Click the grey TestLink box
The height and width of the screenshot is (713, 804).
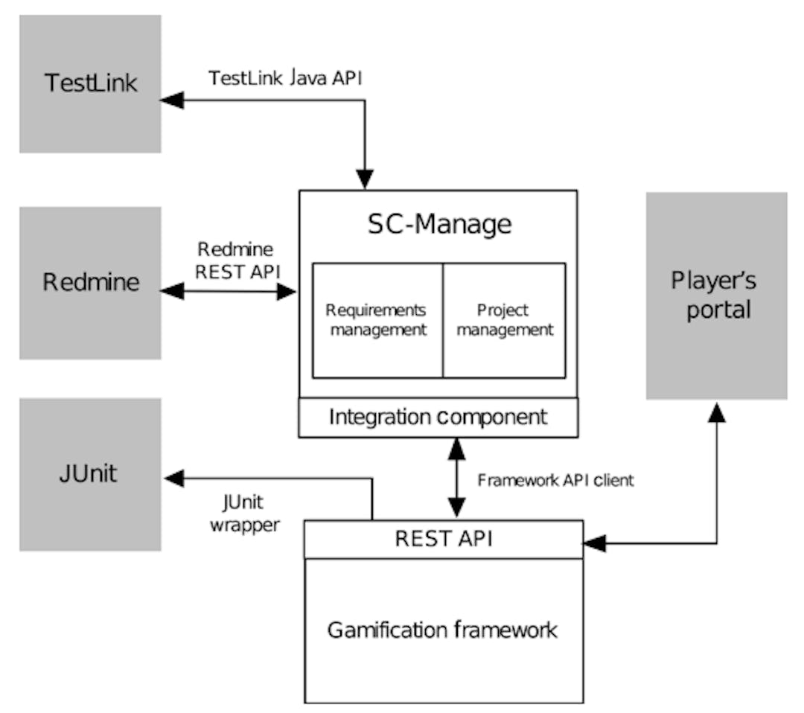click(90, 83)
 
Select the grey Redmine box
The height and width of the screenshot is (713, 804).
click(90, 283)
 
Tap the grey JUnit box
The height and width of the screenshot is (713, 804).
click(90, 474)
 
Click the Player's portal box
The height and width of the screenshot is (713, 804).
click(716, 295)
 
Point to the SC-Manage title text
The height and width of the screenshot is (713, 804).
click(439, 224)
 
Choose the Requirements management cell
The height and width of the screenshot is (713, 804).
click(377, 320)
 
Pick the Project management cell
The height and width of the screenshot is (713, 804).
click(505, 320)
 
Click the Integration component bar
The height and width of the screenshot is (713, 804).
click(438, 417)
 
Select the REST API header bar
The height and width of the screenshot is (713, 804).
click(444, 539)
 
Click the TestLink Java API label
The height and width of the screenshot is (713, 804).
click(285, 78)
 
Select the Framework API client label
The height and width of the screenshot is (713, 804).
click(555, 480)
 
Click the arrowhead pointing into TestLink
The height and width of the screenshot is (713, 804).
click(172, 100)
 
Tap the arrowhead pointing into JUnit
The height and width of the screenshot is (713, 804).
click(174, 479)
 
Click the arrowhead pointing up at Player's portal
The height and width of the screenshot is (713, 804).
click(716, 412)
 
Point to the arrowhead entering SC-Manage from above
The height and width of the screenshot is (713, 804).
click(365, 179)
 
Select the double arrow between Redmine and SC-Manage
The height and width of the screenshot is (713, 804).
click(229, 291)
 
